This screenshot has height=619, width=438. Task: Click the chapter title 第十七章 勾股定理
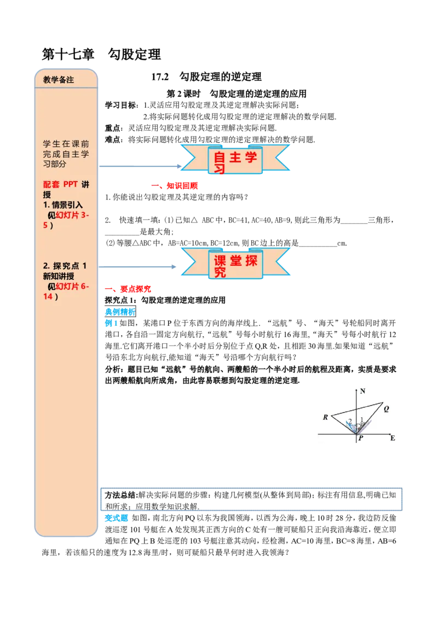[102, 55]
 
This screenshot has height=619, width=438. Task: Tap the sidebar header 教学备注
[59, 80]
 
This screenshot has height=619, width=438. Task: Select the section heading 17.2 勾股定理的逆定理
[206, 77]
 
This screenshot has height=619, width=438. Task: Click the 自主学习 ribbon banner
[235, 159]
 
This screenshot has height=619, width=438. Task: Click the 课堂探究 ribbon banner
[235, 264]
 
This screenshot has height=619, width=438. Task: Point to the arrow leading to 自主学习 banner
[140, 166]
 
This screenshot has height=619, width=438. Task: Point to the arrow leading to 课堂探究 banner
[137, 267]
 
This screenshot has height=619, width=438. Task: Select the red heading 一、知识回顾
[174, 186]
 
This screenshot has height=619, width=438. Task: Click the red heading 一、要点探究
[128, 289]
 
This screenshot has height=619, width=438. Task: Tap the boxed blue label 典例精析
[120, 312]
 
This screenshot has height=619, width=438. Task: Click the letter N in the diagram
[363, 391]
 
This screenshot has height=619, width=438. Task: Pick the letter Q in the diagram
[386, 409]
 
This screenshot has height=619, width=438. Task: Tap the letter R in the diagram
[325, 417]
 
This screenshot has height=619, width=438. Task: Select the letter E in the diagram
[393, 438]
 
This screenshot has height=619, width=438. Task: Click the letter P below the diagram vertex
[361, 438]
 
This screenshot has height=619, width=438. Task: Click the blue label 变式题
[116, 518]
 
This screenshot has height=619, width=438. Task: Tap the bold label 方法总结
[121, 495]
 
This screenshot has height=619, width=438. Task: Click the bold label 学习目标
[122, 105]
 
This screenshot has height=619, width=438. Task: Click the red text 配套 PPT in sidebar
[60, 184]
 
